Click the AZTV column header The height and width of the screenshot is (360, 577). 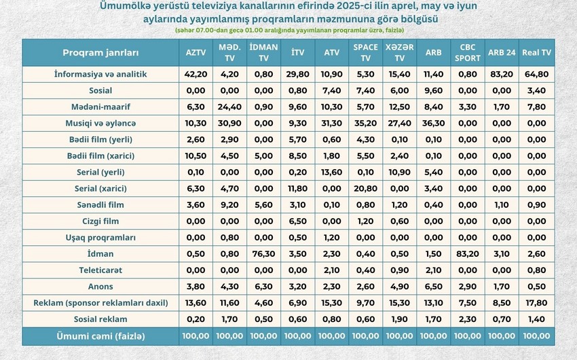[196, 52]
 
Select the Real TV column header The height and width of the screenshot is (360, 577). [536, 52]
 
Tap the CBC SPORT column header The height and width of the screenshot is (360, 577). [467, 52]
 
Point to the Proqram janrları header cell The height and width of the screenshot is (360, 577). [100, 52]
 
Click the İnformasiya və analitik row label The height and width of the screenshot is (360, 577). [100, 74]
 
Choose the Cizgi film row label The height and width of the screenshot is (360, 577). [100, 221]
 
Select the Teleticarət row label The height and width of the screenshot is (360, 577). [100, 270]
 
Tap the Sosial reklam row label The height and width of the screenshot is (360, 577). [100, 319]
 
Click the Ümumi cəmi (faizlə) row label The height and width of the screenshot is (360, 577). [100, 336]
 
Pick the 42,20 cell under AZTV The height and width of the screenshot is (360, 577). [196, 74]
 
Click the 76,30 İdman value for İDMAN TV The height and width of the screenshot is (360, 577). [263, 254]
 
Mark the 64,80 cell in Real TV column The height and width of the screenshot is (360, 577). [536, 74]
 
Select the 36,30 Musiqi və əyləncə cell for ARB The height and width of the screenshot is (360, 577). [434, 124]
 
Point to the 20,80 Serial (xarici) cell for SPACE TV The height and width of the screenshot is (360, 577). [365, 188]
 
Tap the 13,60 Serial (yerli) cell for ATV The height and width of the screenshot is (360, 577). [331, 173]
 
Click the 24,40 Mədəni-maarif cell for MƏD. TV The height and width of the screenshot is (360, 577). [229, 107]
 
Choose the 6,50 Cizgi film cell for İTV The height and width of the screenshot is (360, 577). [298, 221]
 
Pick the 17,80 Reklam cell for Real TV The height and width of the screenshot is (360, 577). [536, 303]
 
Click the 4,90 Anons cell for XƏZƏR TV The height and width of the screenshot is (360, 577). [400, 287]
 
